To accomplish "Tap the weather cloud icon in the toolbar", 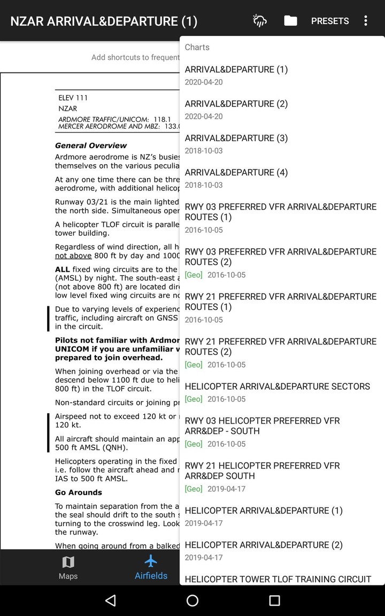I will pyautogui.click(x=259, y=21).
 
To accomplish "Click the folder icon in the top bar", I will pyautogui.click(x=290, y=21).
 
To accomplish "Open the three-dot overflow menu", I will pyautogui.click(x=366, y=21).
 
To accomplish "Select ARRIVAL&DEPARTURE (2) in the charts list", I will pyautogui.click(x=236, y=109).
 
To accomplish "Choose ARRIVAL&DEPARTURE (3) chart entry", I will pyautogui.click(x=236, y=143).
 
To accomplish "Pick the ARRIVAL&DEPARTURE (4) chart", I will pyautogui.click(x=236, y=178).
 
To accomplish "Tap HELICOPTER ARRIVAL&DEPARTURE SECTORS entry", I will pyautogui.click(x=277, y=391).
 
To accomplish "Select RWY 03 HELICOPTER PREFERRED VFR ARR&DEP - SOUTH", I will pyautogui.click(x=262, y=431).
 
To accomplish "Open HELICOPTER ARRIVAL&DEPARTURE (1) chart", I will pyautogui.click(x=264, y=515).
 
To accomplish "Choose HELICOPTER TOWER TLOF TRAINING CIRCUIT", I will pyautogui.click(x=278, y=579).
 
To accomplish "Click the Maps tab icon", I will pyautogui.click(x=68, y=562).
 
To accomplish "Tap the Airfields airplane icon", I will pyautogui.click(x=151, y=561).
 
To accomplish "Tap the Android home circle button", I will pyautogui.click(x=192, y=600).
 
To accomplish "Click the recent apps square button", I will pyautogui.click(x=274, y=600).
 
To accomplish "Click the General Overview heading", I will pyautogui.click(x=91, y=145).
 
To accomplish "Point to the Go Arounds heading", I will pyautogui.click(x=79, y=492).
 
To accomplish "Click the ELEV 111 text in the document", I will pyautogui.click(x=73, y=98).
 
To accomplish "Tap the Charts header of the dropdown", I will pyautogui.click(x=197, y=47).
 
